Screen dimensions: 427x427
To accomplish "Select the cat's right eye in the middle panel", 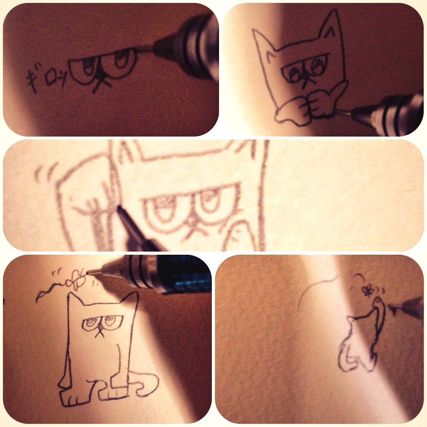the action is point(210,201).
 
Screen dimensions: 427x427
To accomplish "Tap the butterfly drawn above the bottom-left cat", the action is point(77,279).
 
